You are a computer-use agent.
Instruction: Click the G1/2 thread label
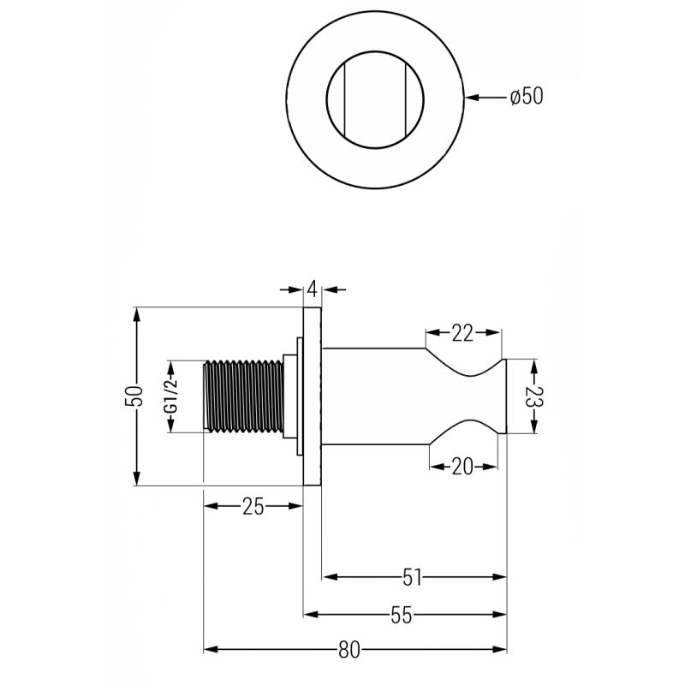(x=170, y=396)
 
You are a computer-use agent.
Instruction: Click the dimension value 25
(x=253, y=506)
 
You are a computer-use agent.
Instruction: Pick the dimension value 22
(x=462, y=333)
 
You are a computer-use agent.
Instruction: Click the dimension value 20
(x=462, y=466)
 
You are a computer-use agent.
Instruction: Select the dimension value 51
(x=413, y=578)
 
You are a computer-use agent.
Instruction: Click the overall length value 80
(x=348, y=650)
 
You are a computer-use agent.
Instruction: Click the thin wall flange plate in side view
(x=313, y=396)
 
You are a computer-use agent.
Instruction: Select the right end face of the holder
(x=506, y=396)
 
